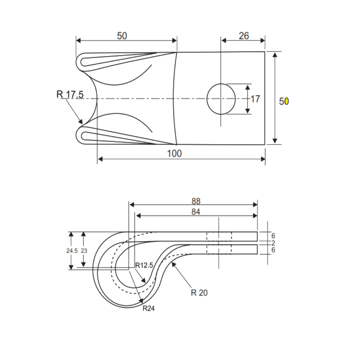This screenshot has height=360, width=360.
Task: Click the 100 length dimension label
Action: [x=174, y=153]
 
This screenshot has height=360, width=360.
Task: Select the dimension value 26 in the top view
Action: [x=244, y=36]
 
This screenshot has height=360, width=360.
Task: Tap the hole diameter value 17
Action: [x=255, y=99]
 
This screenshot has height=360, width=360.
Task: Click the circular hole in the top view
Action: [x=221, y=99]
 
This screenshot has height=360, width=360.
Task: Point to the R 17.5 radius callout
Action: [x=70, y=95]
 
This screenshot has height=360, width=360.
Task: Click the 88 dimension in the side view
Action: [x=196, y=201]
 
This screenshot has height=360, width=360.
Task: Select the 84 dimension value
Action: [x=196, y=212]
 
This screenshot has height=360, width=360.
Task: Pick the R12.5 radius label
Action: [x=144, y=266]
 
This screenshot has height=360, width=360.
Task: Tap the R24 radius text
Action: [x=149, y=309]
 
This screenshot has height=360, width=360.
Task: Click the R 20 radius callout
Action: [x=199, y=293]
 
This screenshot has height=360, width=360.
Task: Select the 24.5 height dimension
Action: [x=71, y=251]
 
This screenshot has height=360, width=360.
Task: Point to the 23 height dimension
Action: [x=84, y=251]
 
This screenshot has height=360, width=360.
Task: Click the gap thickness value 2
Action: [x=273, y=243]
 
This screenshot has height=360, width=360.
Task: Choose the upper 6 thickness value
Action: [x=273, y=236]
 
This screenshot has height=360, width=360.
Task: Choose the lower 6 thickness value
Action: [x=273, y=250]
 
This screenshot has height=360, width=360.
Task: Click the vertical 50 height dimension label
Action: [x=284, y=101]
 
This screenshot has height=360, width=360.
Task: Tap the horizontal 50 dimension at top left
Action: [x=122, y=36]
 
